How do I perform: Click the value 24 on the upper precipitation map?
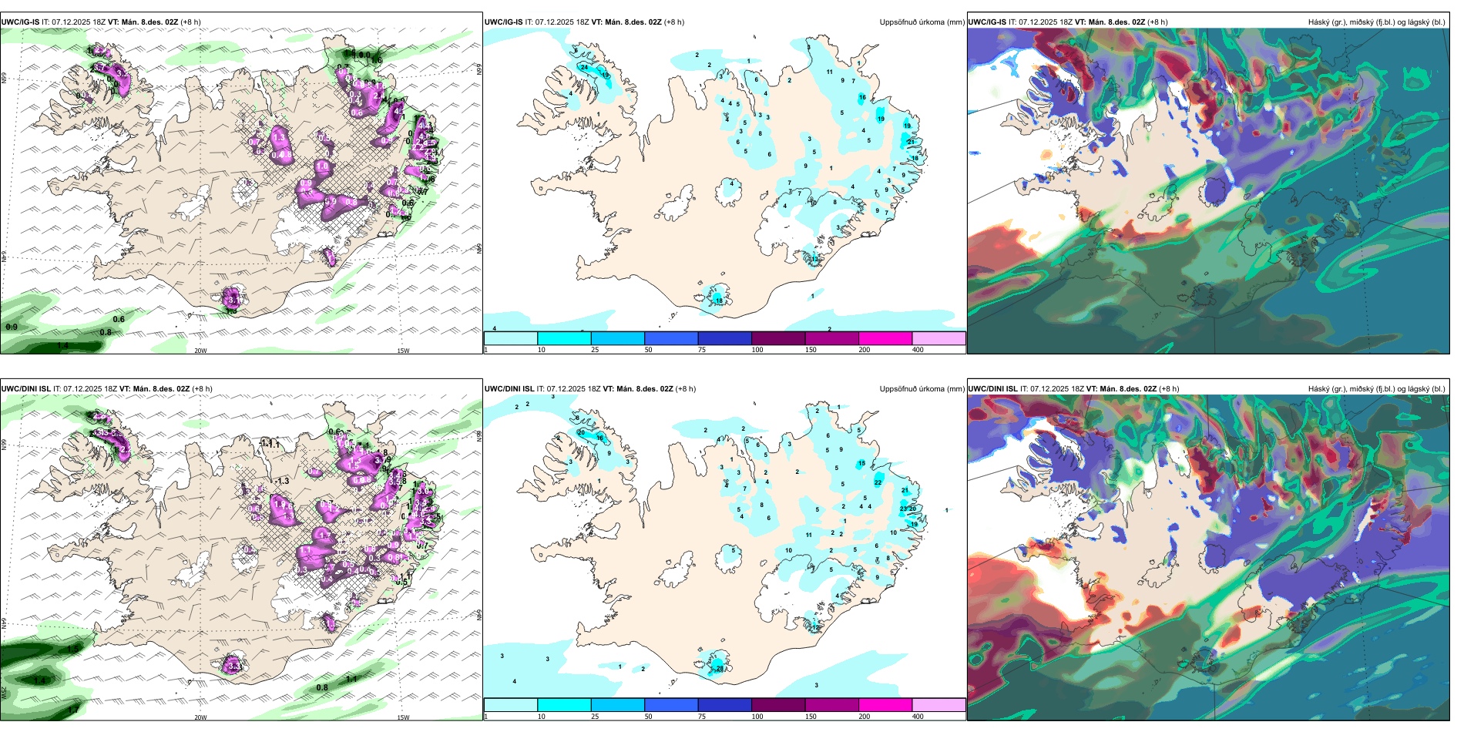(x=584, y=67)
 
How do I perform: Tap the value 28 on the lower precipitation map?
(x=720, y=668)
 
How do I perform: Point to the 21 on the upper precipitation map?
(x=911, y=142)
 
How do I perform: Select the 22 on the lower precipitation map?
(x=878, y=482)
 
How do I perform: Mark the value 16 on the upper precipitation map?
(x=862, y=98)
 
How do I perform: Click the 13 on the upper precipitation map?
(x=816, y=260)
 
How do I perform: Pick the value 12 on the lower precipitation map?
(x=816, y=627)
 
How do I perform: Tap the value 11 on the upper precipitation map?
(x=829, y=72)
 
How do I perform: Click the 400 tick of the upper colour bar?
(x=918, y=350)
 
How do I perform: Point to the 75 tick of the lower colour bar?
(x=702, y=717)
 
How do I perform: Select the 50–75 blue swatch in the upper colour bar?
(x=670, y=338)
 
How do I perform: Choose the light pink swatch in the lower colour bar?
(x=939, y=705)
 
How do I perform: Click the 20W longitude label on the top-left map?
(x=200, y=351)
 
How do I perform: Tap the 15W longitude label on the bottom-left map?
(x=403, y=717)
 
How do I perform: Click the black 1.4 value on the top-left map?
(x=62, y=345)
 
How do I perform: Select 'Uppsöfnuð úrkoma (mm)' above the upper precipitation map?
(x=922, y=22)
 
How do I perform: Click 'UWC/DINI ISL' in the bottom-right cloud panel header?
(x=992, y=389)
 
